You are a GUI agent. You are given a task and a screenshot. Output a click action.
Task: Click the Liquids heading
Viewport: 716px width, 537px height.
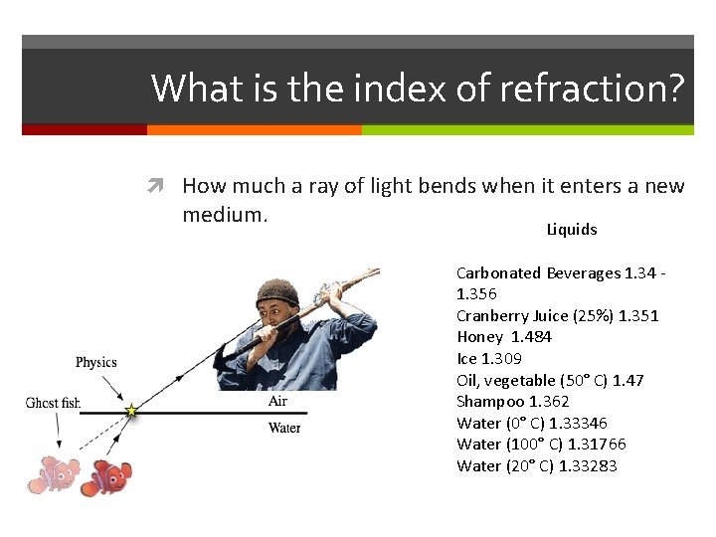click(572, 230)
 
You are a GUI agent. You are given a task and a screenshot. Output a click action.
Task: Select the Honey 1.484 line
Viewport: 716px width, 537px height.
click(503, 337)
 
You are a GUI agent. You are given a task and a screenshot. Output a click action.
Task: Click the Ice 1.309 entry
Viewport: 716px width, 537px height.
click(488, 359)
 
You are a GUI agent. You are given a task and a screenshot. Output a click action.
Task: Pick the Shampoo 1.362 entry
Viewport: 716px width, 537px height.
click(512, 402)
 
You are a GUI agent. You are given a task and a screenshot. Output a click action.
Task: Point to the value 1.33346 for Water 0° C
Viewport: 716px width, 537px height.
click(578, 424)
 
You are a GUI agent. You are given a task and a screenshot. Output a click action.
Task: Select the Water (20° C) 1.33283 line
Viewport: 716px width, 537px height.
click(536, 466)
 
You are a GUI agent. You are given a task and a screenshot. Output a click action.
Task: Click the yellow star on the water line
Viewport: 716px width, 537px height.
click(130, 411)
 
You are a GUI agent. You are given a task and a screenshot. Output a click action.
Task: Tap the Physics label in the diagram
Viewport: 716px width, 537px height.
click(96, 362)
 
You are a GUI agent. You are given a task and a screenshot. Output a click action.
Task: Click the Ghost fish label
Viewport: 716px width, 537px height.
click(52, 403)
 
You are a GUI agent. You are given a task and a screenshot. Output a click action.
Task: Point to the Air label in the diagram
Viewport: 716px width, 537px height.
click(278, 402)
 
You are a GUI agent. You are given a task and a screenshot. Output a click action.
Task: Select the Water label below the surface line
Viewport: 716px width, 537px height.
click(283, 429)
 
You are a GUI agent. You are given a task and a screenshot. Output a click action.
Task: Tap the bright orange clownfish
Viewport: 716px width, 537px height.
click(106, 477)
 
